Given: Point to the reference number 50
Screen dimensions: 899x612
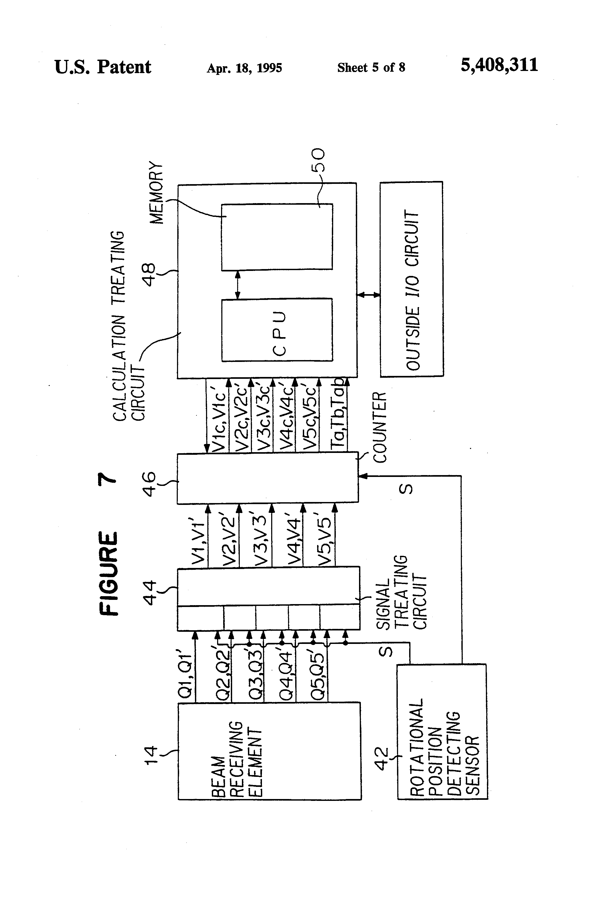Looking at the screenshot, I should click(318, 160).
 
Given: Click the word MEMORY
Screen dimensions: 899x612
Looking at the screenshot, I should click(157, 192).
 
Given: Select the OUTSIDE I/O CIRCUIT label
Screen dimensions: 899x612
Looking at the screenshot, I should click(412, 290).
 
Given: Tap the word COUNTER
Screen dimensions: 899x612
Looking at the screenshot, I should click(380, 427).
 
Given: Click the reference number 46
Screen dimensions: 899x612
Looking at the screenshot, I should click(149, 484).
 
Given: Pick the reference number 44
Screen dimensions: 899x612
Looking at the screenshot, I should click(149, 592).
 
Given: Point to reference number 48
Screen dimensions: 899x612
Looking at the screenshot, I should click(149, 274).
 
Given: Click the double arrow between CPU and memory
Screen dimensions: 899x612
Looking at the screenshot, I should click(237, 284).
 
